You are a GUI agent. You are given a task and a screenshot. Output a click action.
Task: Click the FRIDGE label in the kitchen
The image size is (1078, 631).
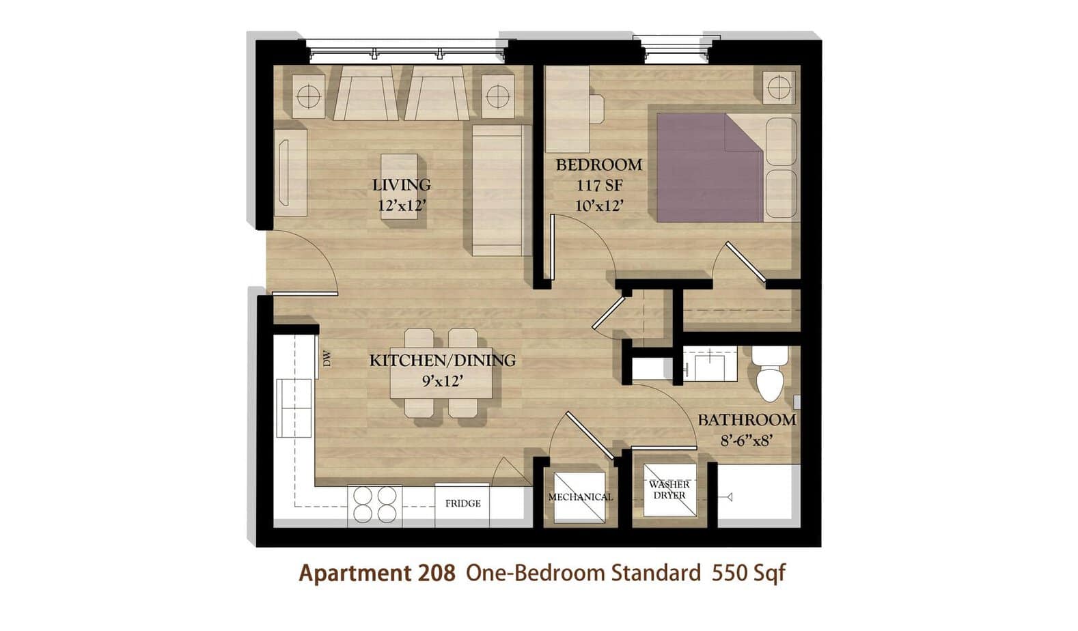[x=463, y=503]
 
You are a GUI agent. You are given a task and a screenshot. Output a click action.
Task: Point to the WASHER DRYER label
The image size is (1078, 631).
[x=669, y=490]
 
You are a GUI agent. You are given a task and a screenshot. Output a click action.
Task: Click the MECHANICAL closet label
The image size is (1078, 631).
[x=581, y=497]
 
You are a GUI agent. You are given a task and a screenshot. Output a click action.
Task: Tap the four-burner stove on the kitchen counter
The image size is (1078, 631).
[x=375, y=505]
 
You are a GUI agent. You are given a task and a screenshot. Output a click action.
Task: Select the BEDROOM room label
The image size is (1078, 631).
[x=599, y=165]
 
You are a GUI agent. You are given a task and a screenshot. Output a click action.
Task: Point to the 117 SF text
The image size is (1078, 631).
[x=599, y=186]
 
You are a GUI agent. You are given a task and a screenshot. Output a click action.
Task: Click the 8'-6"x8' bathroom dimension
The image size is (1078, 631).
[x=747, y=440]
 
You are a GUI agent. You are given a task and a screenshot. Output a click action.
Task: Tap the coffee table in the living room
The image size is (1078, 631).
[x=399, y=186]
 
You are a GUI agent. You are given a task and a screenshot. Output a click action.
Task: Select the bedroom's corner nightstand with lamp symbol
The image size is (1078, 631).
[x=779, y=87]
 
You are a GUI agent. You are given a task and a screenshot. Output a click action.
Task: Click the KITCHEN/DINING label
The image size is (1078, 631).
[x=442, y=360]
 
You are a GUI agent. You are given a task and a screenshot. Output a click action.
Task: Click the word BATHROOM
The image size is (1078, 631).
[x=747, y=420]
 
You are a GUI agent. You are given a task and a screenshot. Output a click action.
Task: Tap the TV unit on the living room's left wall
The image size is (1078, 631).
[x=290, y=172]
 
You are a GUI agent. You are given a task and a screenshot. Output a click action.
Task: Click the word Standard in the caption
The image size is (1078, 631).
[x=656, y=573]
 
